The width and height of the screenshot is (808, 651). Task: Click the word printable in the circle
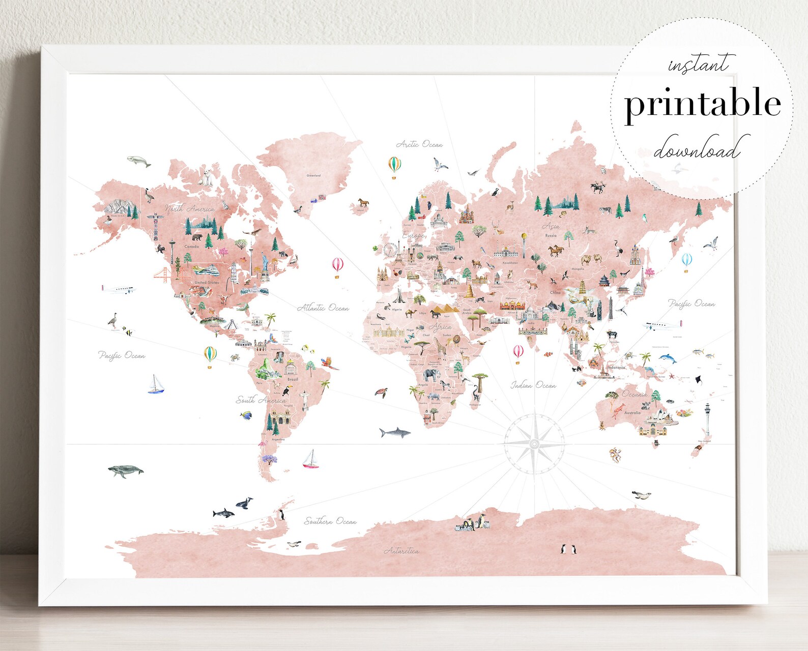tap(702, 104)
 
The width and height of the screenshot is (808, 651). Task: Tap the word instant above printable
tap(698, 65)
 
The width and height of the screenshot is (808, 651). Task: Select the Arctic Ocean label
tap(419, 144)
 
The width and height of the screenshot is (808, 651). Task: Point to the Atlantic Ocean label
tap(323, 308)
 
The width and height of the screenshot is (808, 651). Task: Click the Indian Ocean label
tap(533, 386)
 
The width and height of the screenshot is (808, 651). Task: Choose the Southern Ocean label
tap(330, 521)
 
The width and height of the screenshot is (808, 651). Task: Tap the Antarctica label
tap(401, 550)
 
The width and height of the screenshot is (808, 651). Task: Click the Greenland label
tap(313, 175)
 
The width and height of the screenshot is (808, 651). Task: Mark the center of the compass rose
tap(534, 445)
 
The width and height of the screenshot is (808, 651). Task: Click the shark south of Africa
tap(395, 432)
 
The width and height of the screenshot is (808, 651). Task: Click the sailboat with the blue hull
tap(156, 385)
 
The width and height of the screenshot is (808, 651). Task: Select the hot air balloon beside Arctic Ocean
tap(395, 167)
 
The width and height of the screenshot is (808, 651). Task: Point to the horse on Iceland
tap(363, 202)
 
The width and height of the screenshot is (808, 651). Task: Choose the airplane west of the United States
tap(120, 290)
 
